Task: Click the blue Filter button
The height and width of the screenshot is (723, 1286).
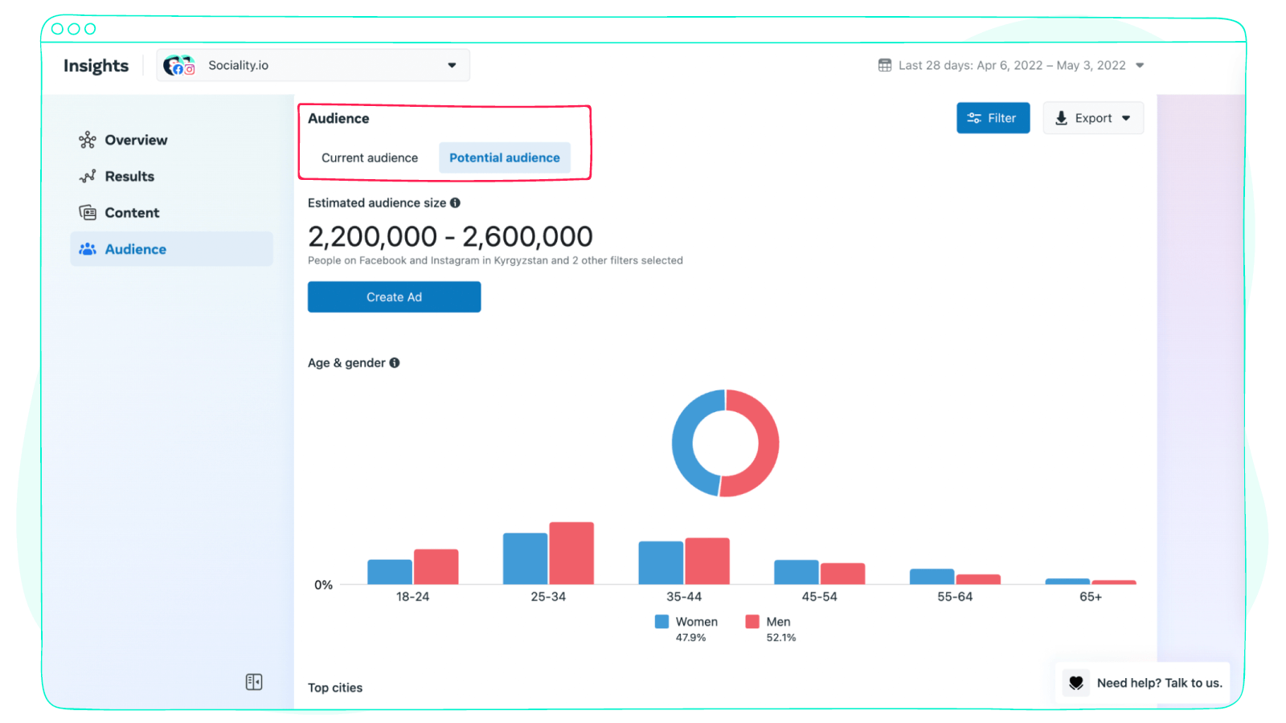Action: tap(993, 118)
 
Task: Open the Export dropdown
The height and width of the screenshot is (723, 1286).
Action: tap(1093, 118)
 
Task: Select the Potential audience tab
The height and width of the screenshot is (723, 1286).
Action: tap(504, 157)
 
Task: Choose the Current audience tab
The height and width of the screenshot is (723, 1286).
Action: tap(370, 157)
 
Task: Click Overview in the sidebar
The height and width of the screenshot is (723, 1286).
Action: tap(136, 140)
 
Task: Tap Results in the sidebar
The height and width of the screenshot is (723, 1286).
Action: tap(129, 176)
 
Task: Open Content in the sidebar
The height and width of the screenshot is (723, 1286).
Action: tap(132, 213)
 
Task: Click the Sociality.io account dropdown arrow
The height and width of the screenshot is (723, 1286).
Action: tap(452, 65)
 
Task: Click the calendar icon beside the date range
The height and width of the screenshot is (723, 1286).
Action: tap(885, 65)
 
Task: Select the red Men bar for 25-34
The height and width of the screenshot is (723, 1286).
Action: tap(571, 553)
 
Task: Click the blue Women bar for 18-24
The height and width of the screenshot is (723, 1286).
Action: tap(390, 572)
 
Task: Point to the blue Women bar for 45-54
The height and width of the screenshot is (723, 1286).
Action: tap(796, 572)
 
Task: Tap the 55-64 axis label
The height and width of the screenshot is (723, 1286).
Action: tap(955, 597)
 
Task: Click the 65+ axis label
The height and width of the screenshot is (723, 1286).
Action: tap(1091, 597)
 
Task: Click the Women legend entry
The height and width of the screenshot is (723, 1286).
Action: tap(687, 622)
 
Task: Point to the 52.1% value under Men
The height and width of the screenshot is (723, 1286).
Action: tap(781, 638)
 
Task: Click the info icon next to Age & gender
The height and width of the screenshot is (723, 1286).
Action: tap(395, 363)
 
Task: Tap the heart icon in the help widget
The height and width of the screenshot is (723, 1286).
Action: tap(1076, 683)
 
